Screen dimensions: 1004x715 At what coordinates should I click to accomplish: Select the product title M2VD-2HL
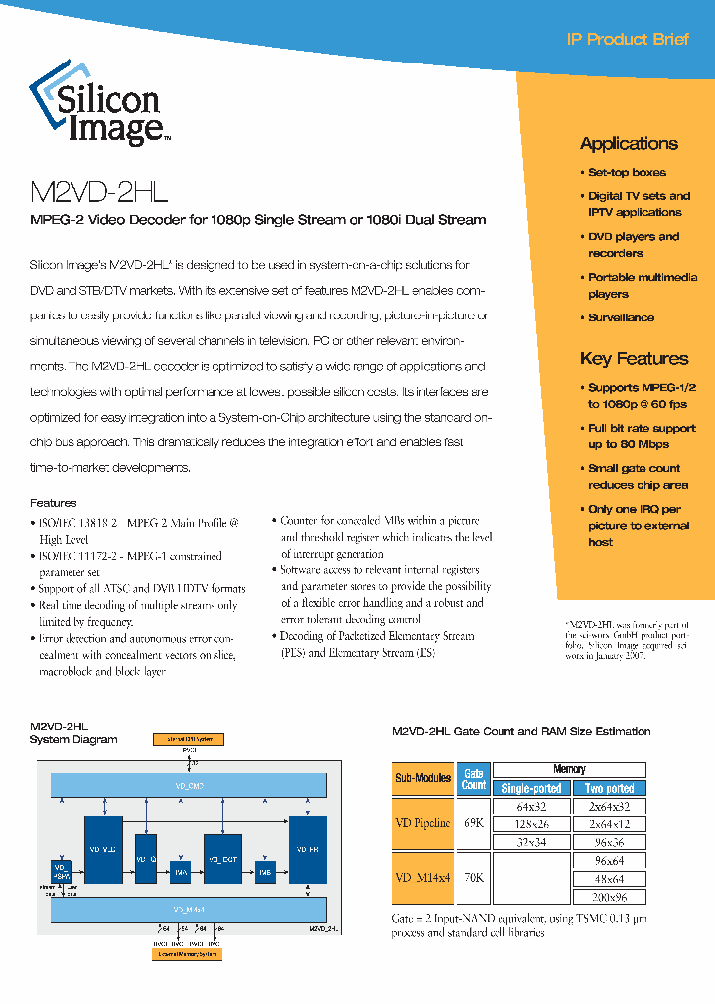click(x=99, y=188)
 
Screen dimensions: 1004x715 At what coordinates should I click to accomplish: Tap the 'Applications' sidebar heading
click(x=629, y=143)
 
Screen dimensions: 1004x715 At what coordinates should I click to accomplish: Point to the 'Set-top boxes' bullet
click(x=627, y=172)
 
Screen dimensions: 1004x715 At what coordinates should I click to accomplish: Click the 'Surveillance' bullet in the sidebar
click(x=621, y=317)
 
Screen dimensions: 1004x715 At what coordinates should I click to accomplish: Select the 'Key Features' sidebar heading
click(x=634, y=358)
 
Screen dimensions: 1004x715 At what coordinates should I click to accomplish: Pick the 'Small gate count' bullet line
click(x=634, y=468)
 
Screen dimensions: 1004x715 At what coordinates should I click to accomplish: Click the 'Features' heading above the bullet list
click(x=54, y=503)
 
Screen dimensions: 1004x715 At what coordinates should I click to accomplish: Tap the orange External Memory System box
click(x=189, y=954)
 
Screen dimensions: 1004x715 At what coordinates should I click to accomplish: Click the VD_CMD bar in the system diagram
click(x=188, y=785)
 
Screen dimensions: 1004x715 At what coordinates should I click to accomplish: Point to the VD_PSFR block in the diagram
click(x=62, y=870)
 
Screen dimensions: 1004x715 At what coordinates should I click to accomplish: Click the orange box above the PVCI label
click(x=189, y=739)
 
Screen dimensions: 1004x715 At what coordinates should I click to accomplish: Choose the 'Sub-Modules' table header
click(x=423, y=778)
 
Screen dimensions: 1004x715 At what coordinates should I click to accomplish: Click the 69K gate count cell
click(x=474, y=823)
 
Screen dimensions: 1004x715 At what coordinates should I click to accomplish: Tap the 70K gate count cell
click(x=474, y=877)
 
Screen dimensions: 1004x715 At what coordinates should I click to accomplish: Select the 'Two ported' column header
click(x=608, y=788)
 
